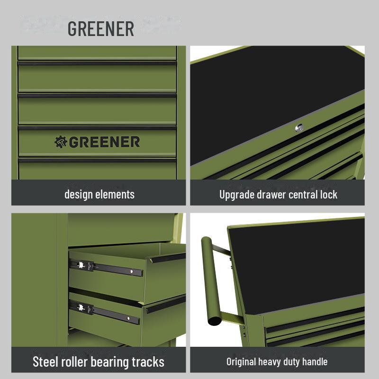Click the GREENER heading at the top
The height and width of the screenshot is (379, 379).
click(101, 29)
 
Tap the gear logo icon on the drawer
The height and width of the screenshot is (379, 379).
click(61, 142)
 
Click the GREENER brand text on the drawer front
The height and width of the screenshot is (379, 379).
click(104, 142)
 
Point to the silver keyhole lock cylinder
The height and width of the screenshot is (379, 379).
click(299, 127)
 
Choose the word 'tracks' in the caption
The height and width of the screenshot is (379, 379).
click(148, 362)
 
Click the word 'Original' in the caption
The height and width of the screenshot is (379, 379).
click(241, 362)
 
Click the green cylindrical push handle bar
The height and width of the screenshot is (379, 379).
click(210, 280)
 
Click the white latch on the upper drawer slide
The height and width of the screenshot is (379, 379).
click(81, 265)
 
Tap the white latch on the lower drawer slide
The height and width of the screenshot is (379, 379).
click(81, 307)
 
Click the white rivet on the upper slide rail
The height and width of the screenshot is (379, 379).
click(132, 271)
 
